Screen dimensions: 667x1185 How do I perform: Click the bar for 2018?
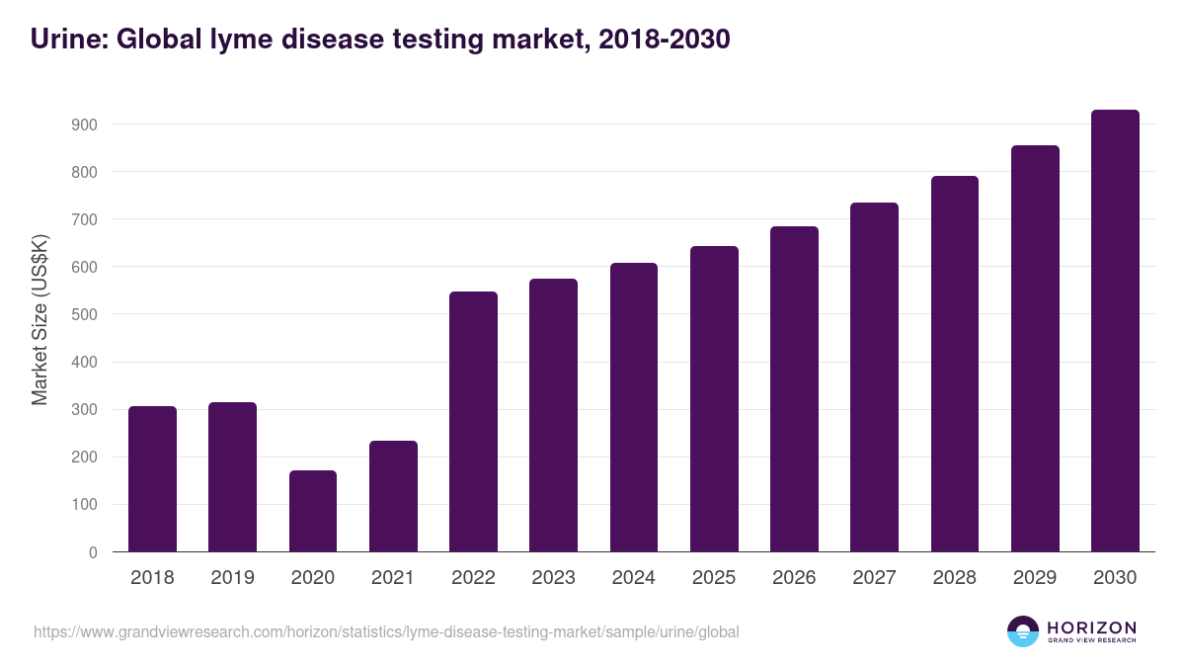click(152, 479)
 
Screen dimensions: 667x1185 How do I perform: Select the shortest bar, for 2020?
click(313, 511)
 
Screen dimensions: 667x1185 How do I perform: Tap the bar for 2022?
click(473, 422)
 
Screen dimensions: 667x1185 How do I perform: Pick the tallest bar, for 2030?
click(1115, 331)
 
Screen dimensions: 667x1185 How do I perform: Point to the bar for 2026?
click(794, 389)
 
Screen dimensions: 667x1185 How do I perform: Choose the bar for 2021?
click(393, 496)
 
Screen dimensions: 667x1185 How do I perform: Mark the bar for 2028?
click(955, 364)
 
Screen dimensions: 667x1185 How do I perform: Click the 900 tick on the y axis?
click(84, 125)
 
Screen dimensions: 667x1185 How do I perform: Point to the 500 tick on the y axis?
click(84, 314)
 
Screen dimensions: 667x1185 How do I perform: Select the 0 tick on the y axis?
click(93, 552)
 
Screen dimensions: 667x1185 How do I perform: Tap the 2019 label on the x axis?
click(232, 578)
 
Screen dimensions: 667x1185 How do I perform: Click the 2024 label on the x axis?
click(633, 578)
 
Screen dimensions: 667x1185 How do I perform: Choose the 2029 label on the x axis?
click(1035, 578)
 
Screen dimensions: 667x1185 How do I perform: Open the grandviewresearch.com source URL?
click(386, 631)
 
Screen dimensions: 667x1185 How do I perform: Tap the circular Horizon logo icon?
click(1023, 631)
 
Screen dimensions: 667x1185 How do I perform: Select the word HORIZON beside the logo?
click(1091, 626)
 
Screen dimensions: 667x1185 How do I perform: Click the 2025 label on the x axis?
click(714, 578)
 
